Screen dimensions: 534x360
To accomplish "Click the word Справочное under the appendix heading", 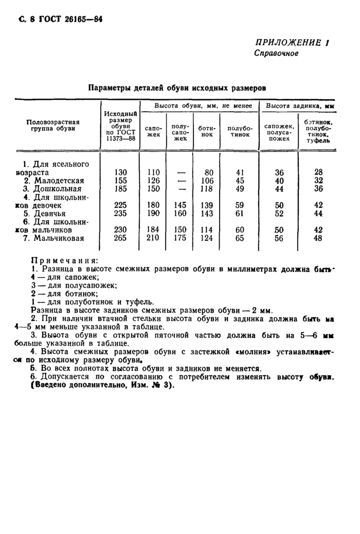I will (276, 54).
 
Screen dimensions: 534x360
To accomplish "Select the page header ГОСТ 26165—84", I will (66, 19).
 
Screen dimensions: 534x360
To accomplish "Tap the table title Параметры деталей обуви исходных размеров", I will (177, 88).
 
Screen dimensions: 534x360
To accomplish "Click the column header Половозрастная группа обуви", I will (53, 125).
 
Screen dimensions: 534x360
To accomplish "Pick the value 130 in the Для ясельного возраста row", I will (120, 172).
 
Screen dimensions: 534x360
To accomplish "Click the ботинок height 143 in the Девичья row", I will (208, 213).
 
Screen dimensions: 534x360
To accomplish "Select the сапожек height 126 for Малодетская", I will (153, 181).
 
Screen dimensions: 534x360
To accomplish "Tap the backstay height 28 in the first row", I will (318, 172).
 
